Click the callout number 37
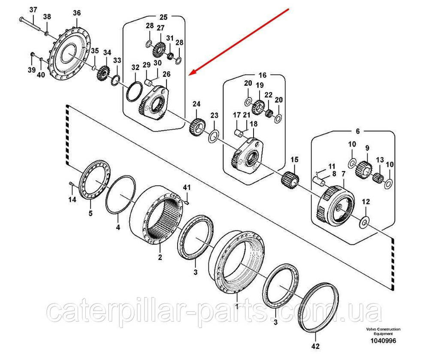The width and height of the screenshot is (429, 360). (33, 10)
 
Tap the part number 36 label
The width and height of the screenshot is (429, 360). (76, 13)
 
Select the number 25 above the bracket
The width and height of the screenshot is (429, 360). (163, 17)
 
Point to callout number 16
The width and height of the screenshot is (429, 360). (263, 75)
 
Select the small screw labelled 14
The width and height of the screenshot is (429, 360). (71, 185)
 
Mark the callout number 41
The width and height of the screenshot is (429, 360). (187, 188)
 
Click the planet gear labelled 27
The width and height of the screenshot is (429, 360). (159, 48)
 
